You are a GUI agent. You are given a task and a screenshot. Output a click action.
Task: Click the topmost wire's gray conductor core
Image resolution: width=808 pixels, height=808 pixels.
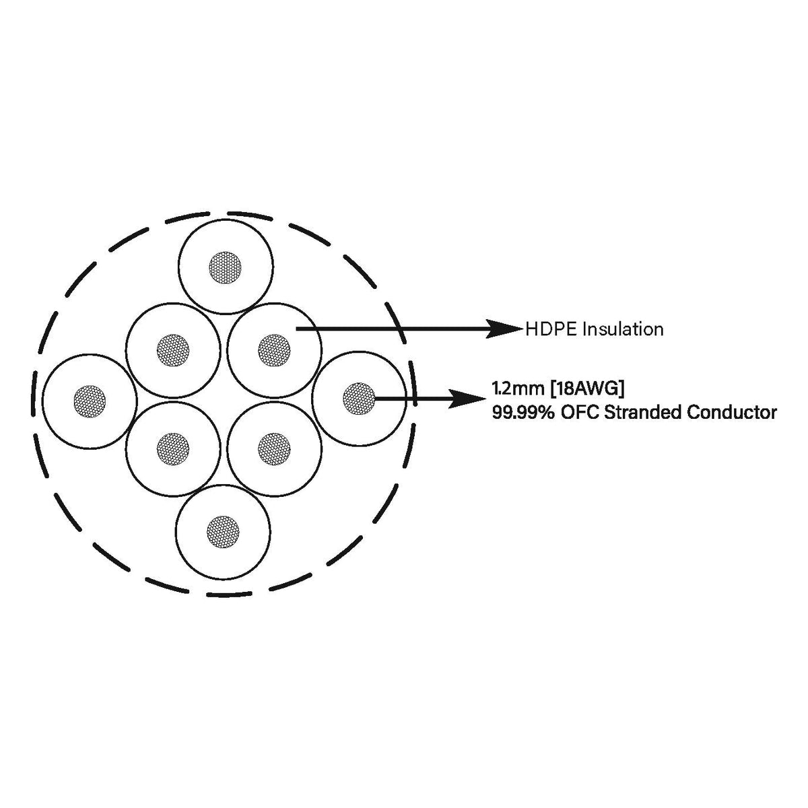click(x=225, y=267)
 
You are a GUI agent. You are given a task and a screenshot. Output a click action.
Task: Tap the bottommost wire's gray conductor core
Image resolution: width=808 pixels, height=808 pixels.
click(x=223, y=532)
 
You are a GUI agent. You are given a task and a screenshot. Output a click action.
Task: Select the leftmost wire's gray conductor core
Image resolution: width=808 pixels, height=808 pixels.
click(x=90, y=401)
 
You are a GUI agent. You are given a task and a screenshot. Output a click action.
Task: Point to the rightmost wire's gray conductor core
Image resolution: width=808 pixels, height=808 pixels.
click(x=359, y=399)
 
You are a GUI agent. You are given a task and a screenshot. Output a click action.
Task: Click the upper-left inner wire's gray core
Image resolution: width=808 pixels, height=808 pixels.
click(x=173, y=350)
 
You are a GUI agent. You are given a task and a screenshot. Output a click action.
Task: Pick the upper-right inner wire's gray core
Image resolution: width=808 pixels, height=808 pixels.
click(x=274, y=350)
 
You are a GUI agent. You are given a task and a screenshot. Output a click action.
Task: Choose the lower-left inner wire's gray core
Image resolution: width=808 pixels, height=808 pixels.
click(x=173, y=449)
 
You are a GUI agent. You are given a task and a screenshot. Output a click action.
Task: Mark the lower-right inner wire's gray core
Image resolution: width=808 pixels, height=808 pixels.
click(x=274, y=449)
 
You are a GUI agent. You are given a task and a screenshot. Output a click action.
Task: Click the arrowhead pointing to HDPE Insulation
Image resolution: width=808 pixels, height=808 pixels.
click(x=503, y=329)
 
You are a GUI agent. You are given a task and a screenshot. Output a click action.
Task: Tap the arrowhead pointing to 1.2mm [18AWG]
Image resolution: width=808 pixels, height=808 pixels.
click(x=467, y=399)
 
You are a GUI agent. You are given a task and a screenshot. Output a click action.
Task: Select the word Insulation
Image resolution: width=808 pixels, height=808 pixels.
click(x=624, y=329)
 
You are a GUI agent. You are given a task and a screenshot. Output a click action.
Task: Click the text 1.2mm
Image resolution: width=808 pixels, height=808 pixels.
click(x=519, y=389)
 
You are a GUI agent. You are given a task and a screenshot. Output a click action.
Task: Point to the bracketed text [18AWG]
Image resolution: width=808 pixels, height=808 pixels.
click(x=587, y=390)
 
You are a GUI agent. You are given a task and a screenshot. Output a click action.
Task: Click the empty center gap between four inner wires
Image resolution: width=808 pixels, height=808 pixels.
click(x=224, y=399)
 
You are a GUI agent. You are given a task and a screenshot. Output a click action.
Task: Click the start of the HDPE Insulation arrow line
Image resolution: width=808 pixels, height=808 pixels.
click(x=296, y=329)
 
